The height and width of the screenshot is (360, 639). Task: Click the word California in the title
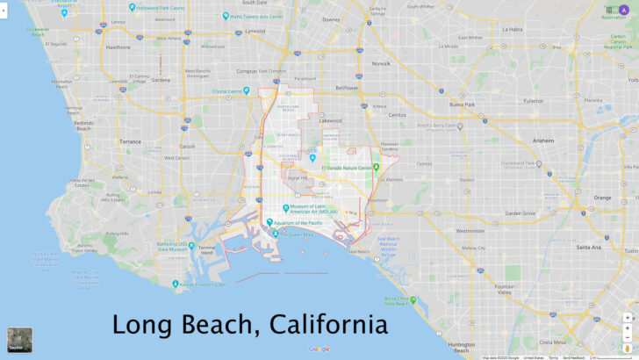[x=328, y=325]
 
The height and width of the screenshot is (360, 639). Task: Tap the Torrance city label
[x=130, y=141]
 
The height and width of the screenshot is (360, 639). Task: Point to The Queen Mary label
[x=295, y=234]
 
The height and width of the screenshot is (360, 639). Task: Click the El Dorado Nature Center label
[x=351, y=167]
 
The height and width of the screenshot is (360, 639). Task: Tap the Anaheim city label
[x=544, y=140]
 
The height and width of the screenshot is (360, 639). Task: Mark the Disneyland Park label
[x=519, y=165]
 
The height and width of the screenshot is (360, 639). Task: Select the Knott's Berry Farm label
[x=440, y=126]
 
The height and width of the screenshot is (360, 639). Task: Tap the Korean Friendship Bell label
[x=204, y=284]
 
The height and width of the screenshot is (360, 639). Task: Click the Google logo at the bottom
[x=319, y=349]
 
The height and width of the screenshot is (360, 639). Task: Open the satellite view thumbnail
[x=19, y=341]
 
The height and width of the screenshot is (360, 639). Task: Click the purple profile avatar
[x=624, y=10]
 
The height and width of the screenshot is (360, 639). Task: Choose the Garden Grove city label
[x=520, y=212]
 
